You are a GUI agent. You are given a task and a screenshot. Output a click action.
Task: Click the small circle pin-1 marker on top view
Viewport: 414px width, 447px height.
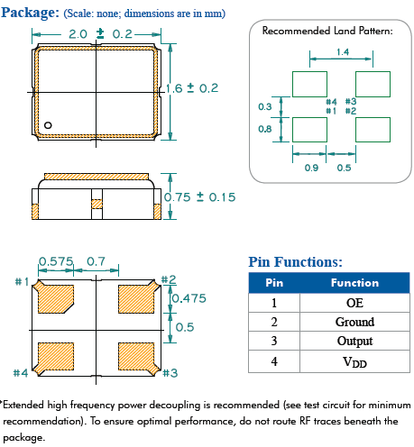tap(48, 125)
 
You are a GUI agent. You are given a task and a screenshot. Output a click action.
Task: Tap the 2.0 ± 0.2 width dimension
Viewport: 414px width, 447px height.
tap(100, 34)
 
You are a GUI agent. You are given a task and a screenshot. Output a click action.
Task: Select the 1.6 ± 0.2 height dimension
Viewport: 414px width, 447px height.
tap(192, 88)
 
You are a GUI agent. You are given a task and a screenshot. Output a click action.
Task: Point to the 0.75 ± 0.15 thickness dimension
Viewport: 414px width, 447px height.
tap(199, 197)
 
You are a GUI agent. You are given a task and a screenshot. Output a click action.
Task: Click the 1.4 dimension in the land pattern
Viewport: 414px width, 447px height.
tap(343, 52)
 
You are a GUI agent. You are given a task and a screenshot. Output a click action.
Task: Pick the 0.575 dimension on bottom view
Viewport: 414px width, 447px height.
tap(56, 261)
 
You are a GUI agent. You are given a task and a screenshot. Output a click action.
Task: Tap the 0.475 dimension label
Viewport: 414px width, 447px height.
tap(189, 298)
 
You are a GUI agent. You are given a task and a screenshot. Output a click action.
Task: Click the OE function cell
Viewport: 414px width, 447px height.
tap(354, 303)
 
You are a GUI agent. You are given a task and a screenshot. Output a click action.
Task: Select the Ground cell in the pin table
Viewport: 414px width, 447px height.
tap(354, 322)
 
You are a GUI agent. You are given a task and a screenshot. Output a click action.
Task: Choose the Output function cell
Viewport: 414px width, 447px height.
tap(354, 341)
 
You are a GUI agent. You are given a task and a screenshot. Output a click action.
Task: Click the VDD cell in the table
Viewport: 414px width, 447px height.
tap(354, 361)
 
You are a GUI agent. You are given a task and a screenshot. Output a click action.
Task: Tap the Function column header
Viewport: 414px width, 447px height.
tap(354, 283)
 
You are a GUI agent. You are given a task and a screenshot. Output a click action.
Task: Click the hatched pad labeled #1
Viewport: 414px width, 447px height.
tap(53, 297)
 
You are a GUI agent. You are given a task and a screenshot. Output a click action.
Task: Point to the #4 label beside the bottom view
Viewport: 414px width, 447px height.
tap(21, 373)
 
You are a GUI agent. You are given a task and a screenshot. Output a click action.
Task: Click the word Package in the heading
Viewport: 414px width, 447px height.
tap(30, 13)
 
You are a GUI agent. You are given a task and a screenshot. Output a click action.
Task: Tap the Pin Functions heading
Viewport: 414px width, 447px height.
tap(295, 261)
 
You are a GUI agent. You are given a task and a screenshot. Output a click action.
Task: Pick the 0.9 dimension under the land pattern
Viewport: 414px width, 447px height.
tap(311, 168)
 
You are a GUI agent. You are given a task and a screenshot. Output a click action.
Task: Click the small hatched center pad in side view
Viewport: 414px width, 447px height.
tap(97, 204)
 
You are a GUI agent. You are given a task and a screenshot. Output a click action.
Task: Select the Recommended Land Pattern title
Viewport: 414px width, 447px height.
tap(327, 31)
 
